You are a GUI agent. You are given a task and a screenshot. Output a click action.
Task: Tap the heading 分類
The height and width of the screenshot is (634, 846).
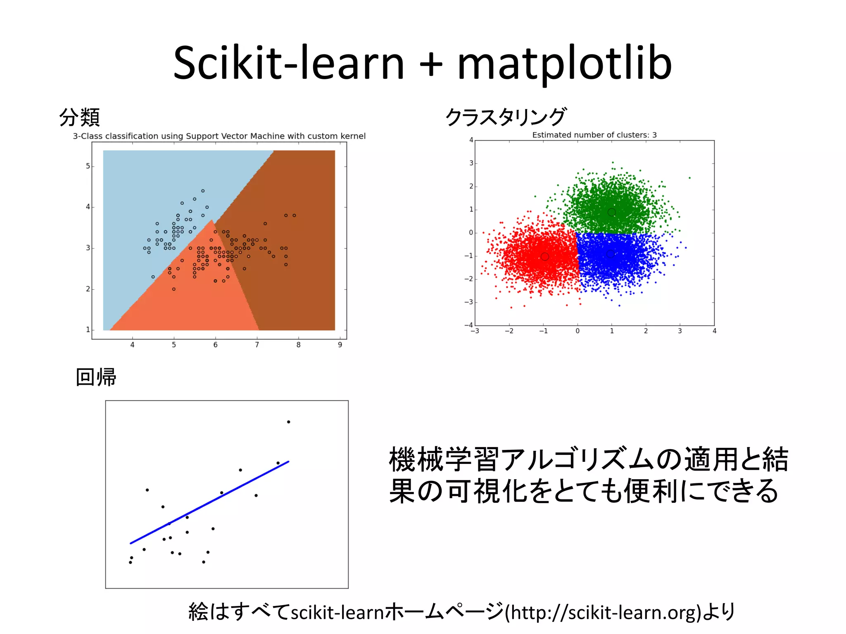click(x=79, y=118)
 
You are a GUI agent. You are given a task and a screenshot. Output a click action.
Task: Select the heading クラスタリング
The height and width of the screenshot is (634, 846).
click(x=506, y=117)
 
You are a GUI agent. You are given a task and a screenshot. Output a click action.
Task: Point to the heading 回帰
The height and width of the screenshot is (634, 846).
click(x=96, y=377)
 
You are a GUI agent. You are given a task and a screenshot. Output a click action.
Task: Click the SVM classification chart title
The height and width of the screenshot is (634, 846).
click(x=219, y=136)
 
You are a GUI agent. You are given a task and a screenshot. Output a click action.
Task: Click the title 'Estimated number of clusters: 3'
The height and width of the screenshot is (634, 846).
click(x=594, y=135)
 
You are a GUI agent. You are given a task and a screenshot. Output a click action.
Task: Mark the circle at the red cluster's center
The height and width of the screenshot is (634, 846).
click(x=545, y=257)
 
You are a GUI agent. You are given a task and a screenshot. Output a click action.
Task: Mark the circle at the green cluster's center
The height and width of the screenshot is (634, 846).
click(x=612, y=212)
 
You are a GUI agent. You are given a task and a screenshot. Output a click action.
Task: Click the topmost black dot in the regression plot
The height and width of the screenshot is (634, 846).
click(x=288, y=422)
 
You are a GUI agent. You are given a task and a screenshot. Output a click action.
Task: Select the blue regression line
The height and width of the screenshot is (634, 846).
click(x=209, y=502)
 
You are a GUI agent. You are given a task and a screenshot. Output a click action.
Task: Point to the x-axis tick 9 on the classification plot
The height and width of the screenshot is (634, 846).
click(x=340, y=345)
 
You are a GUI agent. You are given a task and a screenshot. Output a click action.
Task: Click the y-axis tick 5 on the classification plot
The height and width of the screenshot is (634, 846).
click(x=88, y=166)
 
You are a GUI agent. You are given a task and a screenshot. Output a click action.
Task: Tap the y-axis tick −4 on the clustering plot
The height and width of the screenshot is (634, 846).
click(x=468, y=325)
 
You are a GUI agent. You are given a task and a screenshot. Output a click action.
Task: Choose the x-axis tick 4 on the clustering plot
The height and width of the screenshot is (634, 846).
click(x=714, y=331)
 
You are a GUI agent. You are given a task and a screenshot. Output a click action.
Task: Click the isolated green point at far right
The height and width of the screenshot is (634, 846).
click(x=689, y=178)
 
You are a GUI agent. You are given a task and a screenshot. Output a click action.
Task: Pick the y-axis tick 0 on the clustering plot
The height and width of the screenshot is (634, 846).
click(x=471, y=233)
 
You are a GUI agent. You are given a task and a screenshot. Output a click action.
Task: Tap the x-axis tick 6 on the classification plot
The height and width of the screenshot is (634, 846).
click(x=215, y=345)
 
